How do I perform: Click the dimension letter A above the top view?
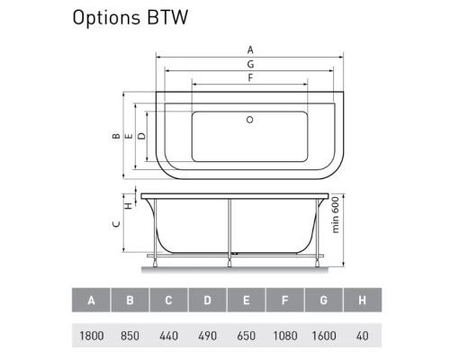pyautogui.click(x=249, y=50)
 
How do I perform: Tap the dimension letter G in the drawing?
pyautogui.click(x=249, y=65)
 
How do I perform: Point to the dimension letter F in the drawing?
pyautogui.click(x=249, y=79)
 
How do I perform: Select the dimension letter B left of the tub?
pyautogui.click(x=115, y=137)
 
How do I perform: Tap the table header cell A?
pyautogui.click(x=91, y=300)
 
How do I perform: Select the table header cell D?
pyautogui.click(x=207, y=300)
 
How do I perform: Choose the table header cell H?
pyautogui.click(x=362, y=300)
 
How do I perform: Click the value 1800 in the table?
pyautogui.click(x=91, y=335)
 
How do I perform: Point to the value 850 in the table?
pyautogui.click(x=130, y=335)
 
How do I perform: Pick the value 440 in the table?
pyautogui.click(x=168, y=335)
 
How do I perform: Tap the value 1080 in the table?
pyautogui.click(x=284, y=335)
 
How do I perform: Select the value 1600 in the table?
pyautogui.click(x=323, y=335)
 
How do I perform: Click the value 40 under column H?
pyautogui.click(x=362, y=335)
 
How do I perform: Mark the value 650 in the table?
pyautogui.click(x=246, y=335)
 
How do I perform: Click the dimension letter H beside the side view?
pyautogui.click(x=128, y=205)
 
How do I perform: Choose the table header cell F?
pyautogui.click(x=284, y=300)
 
